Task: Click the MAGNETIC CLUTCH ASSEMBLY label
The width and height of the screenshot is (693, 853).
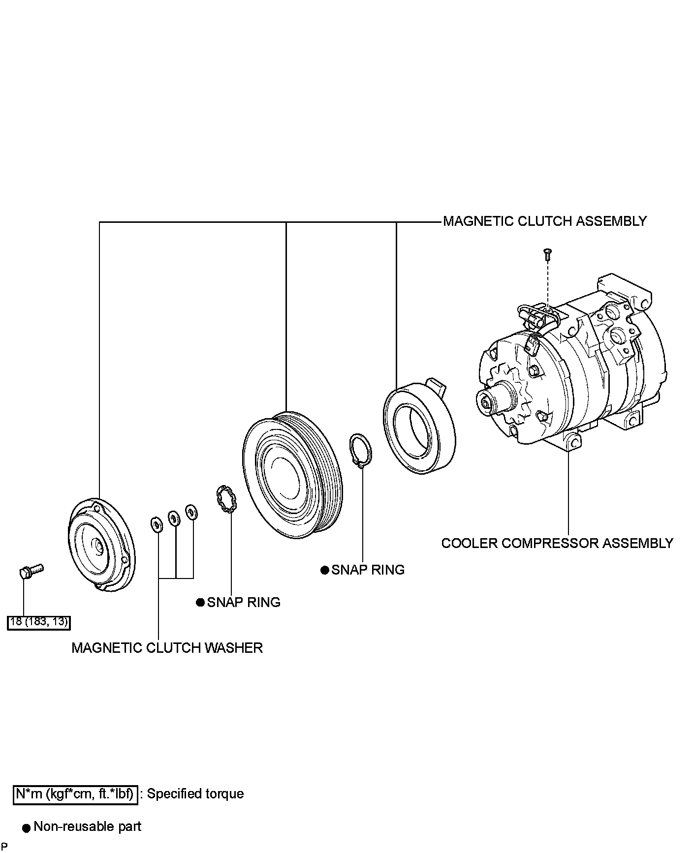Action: (x=544, y=221)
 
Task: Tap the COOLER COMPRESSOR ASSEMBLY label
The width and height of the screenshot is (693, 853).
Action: (x=557, y=543)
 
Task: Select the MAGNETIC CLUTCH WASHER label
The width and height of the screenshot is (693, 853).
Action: (x=167, y=647)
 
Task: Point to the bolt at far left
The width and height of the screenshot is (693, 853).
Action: (x=31, y=572)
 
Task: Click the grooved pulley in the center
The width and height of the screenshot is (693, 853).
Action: (x=292, y=474)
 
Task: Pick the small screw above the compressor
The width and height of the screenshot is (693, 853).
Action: (x=547, y=254)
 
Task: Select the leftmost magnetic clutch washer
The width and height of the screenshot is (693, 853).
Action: (x=156, y=524)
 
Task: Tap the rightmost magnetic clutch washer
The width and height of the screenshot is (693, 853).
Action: (x=191, y=512)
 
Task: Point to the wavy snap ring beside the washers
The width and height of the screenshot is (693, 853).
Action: (x=226, y=500)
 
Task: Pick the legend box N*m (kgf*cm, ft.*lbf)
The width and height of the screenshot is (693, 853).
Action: (x=75, y=794)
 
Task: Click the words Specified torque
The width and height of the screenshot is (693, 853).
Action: (x=195, y=794)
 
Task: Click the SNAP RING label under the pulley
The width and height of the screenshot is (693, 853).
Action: (x=368, y=570)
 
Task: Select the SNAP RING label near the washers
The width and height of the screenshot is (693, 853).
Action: (x=244, y=602)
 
